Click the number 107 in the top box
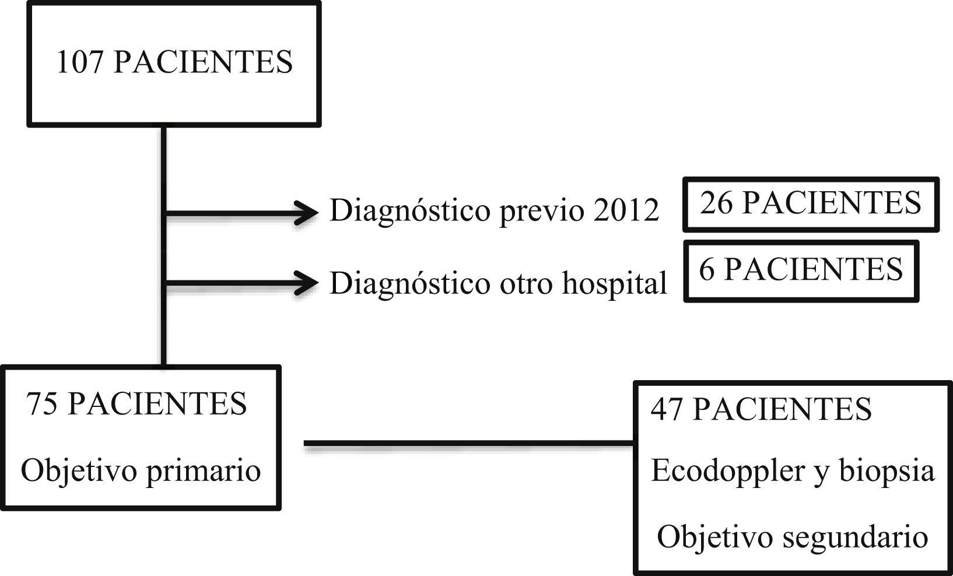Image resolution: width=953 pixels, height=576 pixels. [79, 62]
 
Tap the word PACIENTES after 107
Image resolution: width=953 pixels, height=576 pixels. [203, 62]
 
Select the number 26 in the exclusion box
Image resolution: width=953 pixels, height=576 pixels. [716, 203]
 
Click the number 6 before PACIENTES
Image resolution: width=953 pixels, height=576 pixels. [706, 269]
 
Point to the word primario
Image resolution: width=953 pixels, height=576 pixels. [203, 471]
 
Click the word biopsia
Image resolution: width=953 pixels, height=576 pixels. [887, 471]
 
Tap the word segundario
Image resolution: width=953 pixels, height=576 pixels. [854, 537]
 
